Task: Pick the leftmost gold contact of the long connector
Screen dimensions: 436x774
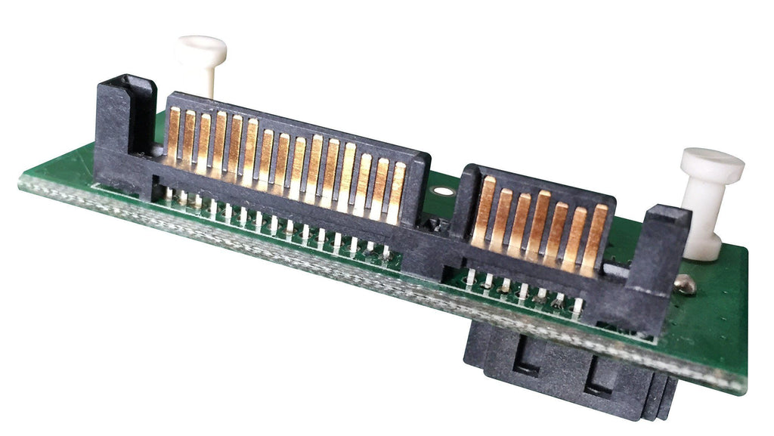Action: point(173,135)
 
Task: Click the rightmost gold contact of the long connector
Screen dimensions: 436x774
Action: point(397,193)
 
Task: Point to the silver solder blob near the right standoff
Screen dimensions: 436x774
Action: point(684,283)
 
